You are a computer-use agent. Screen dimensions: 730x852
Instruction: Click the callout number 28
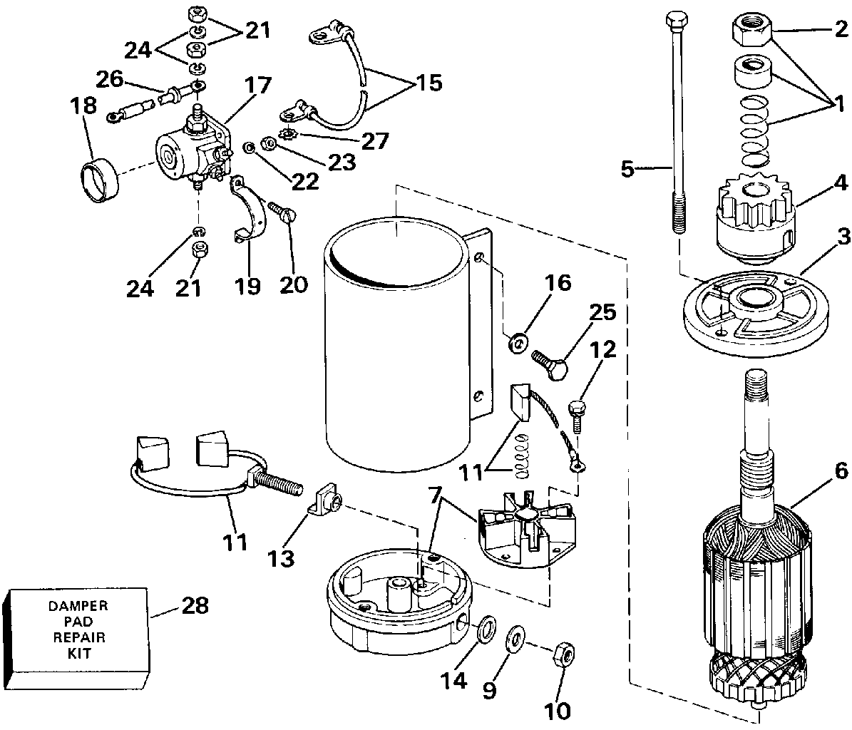(x=195, y=606)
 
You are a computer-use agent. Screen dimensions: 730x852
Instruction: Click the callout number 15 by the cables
(x=426, y=82)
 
